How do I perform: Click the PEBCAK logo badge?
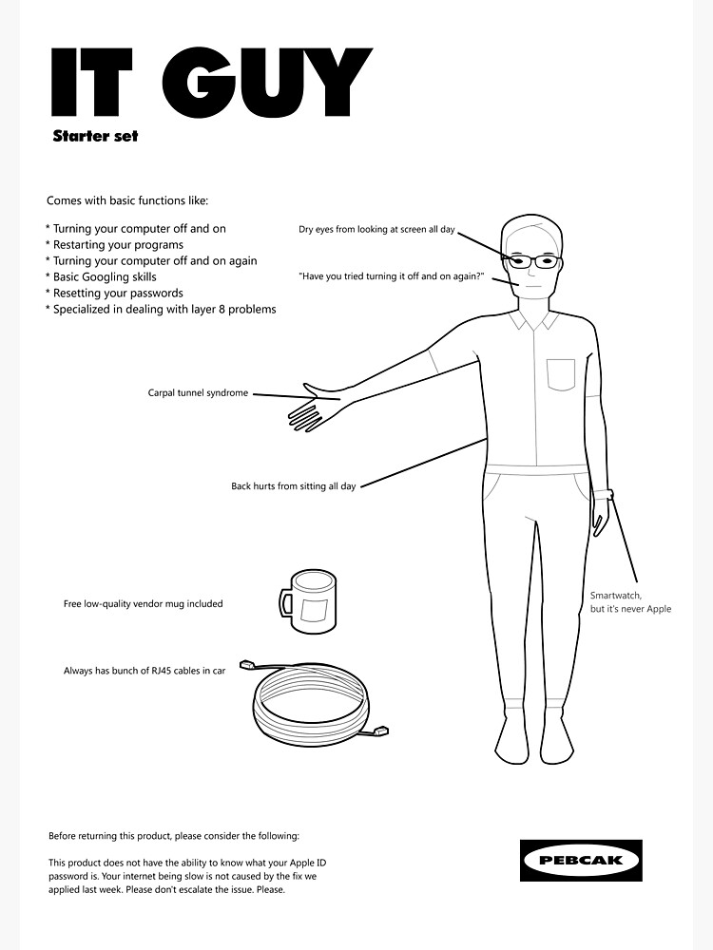(x=582, y=860)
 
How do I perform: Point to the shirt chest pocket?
(x=561, y=374)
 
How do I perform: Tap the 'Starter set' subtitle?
(x=95, y=136)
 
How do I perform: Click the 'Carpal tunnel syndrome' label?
(x=198, y=392)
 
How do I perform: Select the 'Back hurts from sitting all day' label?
(x=293, y=486)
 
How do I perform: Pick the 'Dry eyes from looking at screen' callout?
(x=376, y=229)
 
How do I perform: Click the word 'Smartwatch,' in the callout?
(x=615, y=596)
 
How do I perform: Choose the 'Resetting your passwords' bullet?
(x=117, y=293)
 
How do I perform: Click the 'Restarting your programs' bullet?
(x=117, y=244)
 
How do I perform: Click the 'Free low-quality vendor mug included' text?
(x=143, y=603)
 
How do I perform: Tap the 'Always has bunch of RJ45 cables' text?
(x=144, y=671)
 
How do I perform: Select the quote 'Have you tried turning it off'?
(x=391, y=276)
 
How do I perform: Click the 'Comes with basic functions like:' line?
(x=126, y=200)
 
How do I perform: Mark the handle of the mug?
(x=285, y=601)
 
